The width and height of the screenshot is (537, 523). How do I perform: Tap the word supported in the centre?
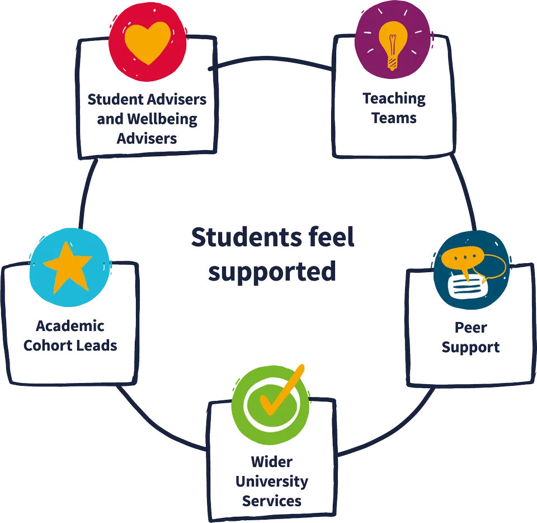pyautogui.click(x=272, y=272)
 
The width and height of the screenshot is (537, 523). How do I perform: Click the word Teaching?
pyautogui.click(x=394, y=99)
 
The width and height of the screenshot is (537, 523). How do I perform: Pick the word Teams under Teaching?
pyautogui.click(x=394, y=118)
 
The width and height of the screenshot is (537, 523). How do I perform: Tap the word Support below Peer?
pyautogui.click(x=470, y=347)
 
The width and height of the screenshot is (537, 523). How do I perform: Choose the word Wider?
pyautogui.click(x=272, y=463)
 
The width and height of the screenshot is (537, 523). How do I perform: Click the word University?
pyautogui.click(x=272, y=481)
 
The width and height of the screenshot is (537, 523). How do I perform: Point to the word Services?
pyautogui.click(x=272, y=499)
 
